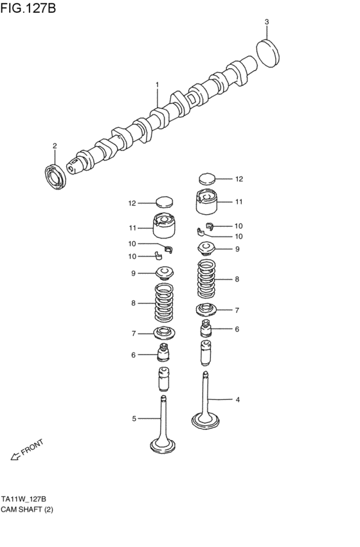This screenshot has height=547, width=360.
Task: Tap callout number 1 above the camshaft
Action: pos(156,84)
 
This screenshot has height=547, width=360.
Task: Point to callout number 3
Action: pos(267,22)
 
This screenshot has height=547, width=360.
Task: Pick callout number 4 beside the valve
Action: pos(237,400)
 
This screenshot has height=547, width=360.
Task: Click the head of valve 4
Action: pos(205,421)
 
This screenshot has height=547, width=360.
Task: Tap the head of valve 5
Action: pos(163,445)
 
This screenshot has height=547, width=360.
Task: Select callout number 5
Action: pos(134,419)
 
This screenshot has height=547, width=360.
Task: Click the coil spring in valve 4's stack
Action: pos(205,279)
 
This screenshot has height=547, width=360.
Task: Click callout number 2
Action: pos(55,145)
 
